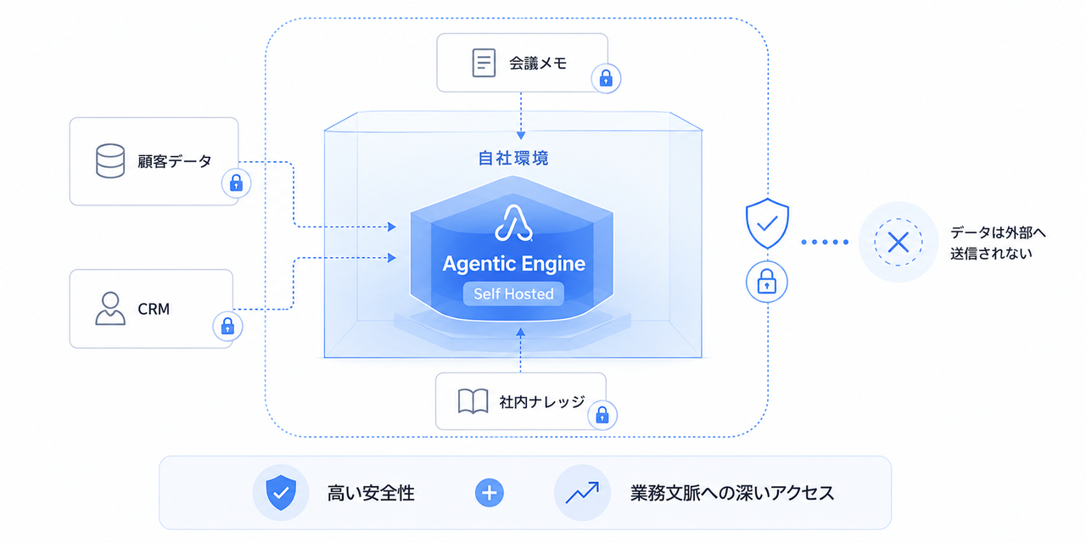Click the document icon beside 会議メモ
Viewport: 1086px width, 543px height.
click(484, 63)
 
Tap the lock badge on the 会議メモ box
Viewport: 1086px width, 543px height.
click(606, 79)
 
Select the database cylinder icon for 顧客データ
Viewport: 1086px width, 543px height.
click(110, 161)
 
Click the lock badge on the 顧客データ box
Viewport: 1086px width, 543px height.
click(236, 183)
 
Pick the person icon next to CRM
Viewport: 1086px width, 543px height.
click(110, 308)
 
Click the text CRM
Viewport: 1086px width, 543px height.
click(154, 309)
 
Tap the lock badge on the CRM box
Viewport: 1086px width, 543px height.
click(228, 327)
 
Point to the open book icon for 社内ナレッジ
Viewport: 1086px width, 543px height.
click(473, 401)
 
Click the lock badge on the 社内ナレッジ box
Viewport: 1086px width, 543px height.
click(602, 415)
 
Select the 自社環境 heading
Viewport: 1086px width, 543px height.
click(513, 158)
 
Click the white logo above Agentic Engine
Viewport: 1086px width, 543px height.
click(513, 223)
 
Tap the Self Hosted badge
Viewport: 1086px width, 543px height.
click(513, 294)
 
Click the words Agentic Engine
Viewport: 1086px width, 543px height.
click(514, 264)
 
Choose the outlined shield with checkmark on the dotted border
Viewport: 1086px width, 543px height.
click(767, 223)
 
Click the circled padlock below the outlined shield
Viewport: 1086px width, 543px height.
click(766, 282)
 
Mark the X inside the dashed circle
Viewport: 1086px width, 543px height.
click(898, 242)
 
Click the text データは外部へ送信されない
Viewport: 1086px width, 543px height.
click(998, 243)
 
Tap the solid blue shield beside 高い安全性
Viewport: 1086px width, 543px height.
click(281, 493)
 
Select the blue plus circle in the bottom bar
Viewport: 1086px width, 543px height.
click(490, 493)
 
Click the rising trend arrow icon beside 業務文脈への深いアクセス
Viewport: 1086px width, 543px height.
click(582, 493)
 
